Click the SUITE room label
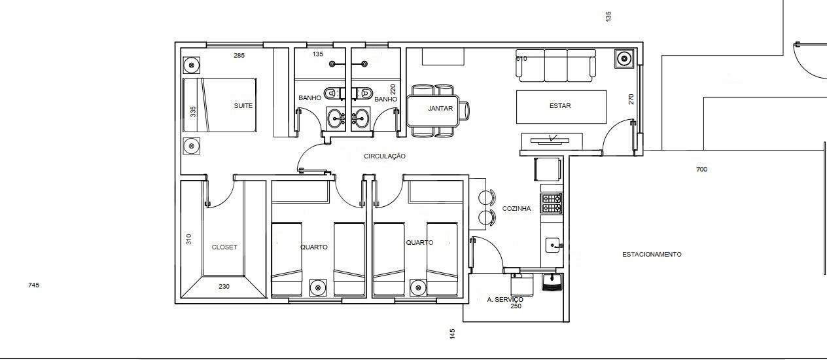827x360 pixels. click(x=243, y=105)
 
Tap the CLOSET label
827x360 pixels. click(x=224, y=247)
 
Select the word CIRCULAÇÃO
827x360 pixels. click(x=385, y=156)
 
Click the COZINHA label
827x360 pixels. click(x=516, y=209)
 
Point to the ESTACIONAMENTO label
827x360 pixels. click(x=652, y=255)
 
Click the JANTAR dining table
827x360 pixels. click(x=433, y=111)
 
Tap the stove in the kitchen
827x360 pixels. click(x=551, y=203)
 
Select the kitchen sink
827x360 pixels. click(x=554, y=245)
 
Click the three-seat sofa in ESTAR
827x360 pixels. click(x=555, y=65)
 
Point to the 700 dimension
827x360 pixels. click(x=701, y=170)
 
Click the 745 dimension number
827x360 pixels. click(x=33, y=285)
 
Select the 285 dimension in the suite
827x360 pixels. click(x=239, y=56)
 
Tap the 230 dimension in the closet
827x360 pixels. click(x=224, y=287)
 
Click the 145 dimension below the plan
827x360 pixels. click(x=453, y=334)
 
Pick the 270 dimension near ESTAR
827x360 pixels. click(x=631, y=99)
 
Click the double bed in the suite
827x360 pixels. click(x=220, y=105)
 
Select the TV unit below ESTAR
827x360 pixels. click(x=552, y=141)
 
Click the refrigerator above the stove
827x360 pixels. click(x=548, y=170)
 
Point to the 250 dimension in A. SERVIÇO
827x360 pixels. click(x=516, y=306)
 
